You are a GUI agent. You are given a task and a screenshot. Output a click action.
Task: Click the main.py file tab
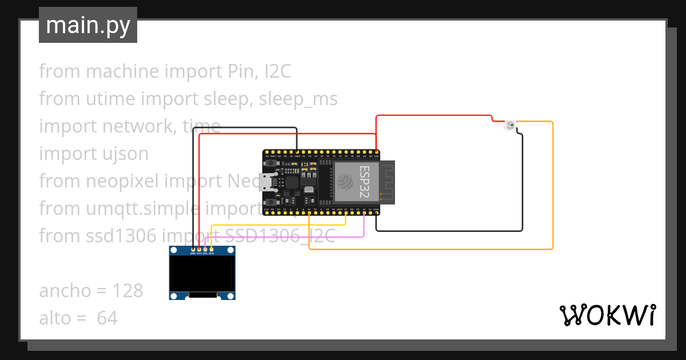[x=87, y=26]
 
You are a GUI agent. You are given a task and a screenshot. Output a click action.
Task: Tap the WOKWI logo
[x=607, y=315]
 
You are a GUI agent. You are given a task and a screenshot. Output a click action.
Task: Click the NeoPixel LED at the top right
[x=510, y=125]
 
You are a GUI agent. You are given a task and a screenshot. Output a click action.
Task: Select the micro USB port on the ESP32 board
[x=265, y=183]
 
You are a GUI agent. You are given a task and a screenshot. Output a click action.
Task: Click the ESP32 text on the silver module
[x=364, y=181]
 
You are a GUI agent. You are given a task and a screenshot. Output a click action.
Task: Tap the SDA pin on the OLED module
[x=212, y=249]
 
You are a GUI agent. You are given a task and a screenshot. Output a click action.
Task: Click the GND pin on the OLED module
[x=193, y=249]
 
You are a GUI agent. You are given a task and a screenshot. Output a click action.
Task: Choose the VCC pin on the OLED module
[x=199, y=249]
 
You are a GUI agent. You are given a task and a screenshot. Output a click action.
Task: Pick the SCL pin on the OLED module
[x=205, y=249]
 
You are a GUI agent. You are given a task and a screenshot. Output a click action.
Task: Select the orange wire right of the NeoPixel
[x=552, y=183]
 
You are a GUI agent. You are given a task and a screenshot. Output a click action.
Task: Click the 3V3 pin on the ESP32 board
[x=377, y=153]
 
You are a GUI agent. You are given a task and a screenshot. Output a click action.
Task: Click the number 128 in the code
[x=127, y=291]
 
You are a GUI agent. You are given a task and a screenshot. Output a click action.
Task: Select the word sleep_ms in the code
[x=298, y=99]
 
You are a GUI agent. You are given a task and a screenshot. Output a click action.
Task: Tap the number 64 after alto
[x=107, y=318]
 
